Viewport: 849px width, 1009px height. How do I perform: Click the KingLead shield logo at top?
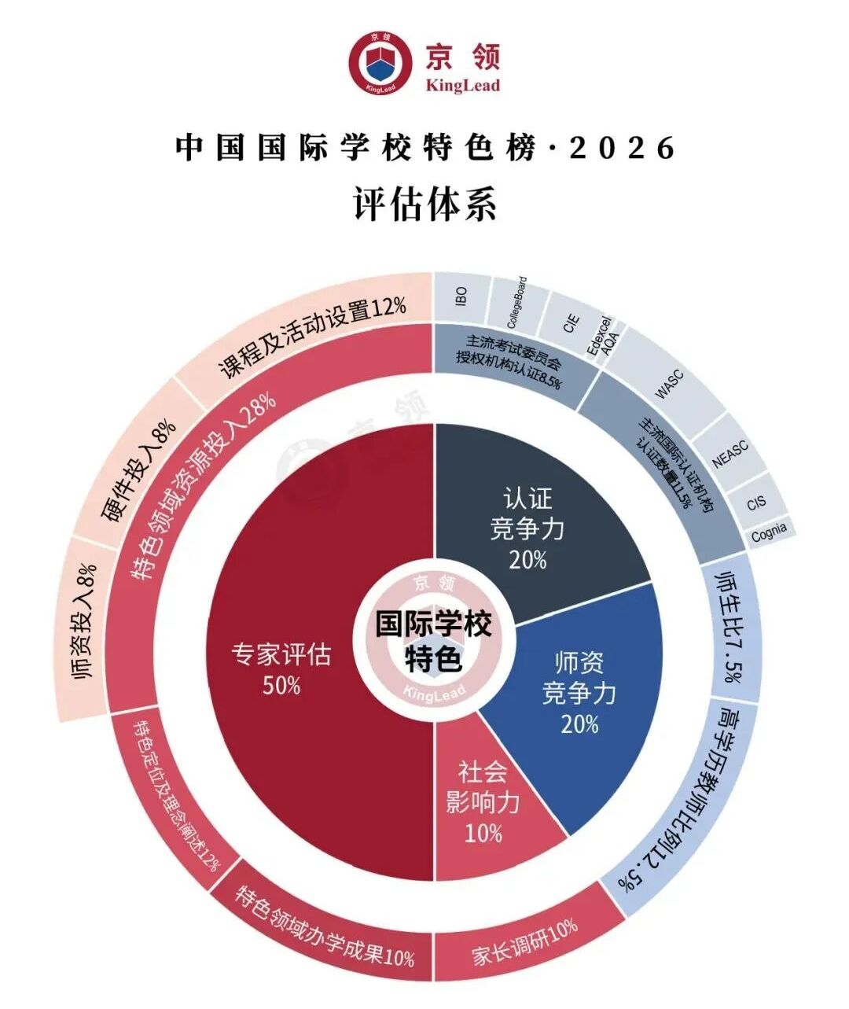[382, 62]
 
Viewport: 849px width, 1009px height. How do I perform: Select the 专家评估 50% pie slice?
[314, 668]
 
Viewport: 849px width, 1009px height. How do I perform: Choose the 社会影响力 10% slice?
[483, 802]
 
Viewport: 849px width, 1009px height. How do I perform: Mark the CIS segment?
[755, 503]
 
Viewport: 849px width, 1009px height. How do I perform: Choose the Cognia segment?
[768, 532]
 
